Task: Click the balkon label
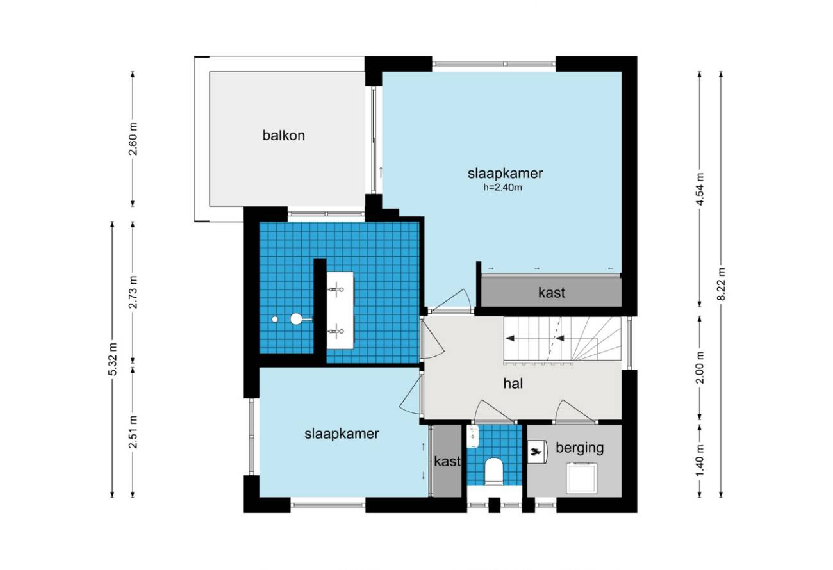point(283,135)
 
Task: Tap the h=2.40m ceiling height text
point(502,188)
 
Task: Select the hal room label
point(513,384)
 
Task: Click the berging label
point(579,448)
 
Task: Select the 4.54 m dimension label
point(700,190)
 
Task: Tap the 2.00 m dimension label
point(700,367)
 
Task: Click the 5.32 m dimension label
point(112,359)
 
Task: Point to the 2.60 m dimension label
point(133,139)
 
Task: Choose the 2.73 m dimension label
point(133,293)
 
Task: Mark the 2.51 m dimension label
point(133,432)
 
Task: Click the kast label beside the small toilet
point(447,461)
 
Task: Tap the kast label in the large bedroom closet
point(552,293)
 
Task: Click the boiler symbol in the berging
point(537,452)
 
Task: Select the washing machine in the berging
point(582,478)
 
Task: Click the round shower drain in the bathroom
point(275,319)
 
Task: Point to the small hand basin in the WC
point(473,436)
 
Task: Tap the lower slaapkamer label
point(342,434)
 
